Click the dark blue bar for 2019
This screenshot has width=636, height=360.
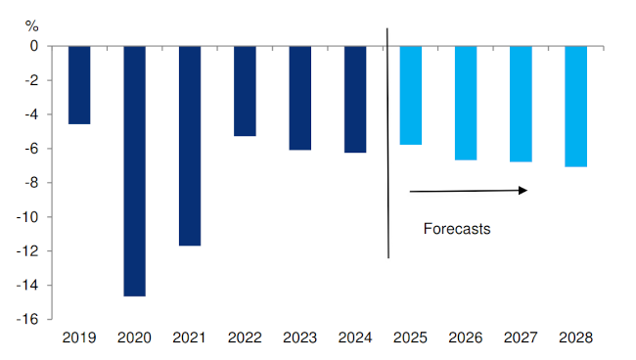(79, 85)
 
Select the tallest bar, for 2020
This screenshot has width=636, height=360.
(134, 171)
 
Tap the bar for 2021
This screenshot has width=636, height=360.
(190, 146)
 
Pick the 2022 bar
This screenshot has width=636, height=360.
(245, 91)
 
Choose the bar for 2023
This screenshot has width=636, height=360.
(300, 98)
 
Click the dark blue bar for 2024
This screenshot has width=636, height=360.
(355, 99)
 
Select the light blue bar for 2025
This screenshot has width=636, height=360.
(411, 95)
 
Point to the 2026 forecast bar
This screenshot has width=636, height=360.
(466, 103)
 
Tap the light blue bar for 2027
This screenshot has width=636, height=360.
(521, 104)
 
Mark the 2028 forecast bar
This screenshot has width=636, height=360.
(576, 107)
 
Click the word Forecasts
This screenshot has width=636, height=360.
(456, 230)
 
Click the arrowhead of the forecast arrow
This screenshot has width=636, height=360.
(523, 190)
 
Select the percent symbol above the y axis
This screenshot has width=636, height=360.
(31, 24)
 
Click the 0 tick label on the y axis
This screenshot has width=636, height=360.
(33, 46)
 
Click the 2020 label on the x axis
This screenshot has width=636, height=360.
(134, 337)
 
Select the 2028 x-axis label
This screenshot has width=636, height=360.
(576, 337)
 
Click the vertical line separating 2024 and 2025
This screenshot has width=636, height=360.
(388, 147)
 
